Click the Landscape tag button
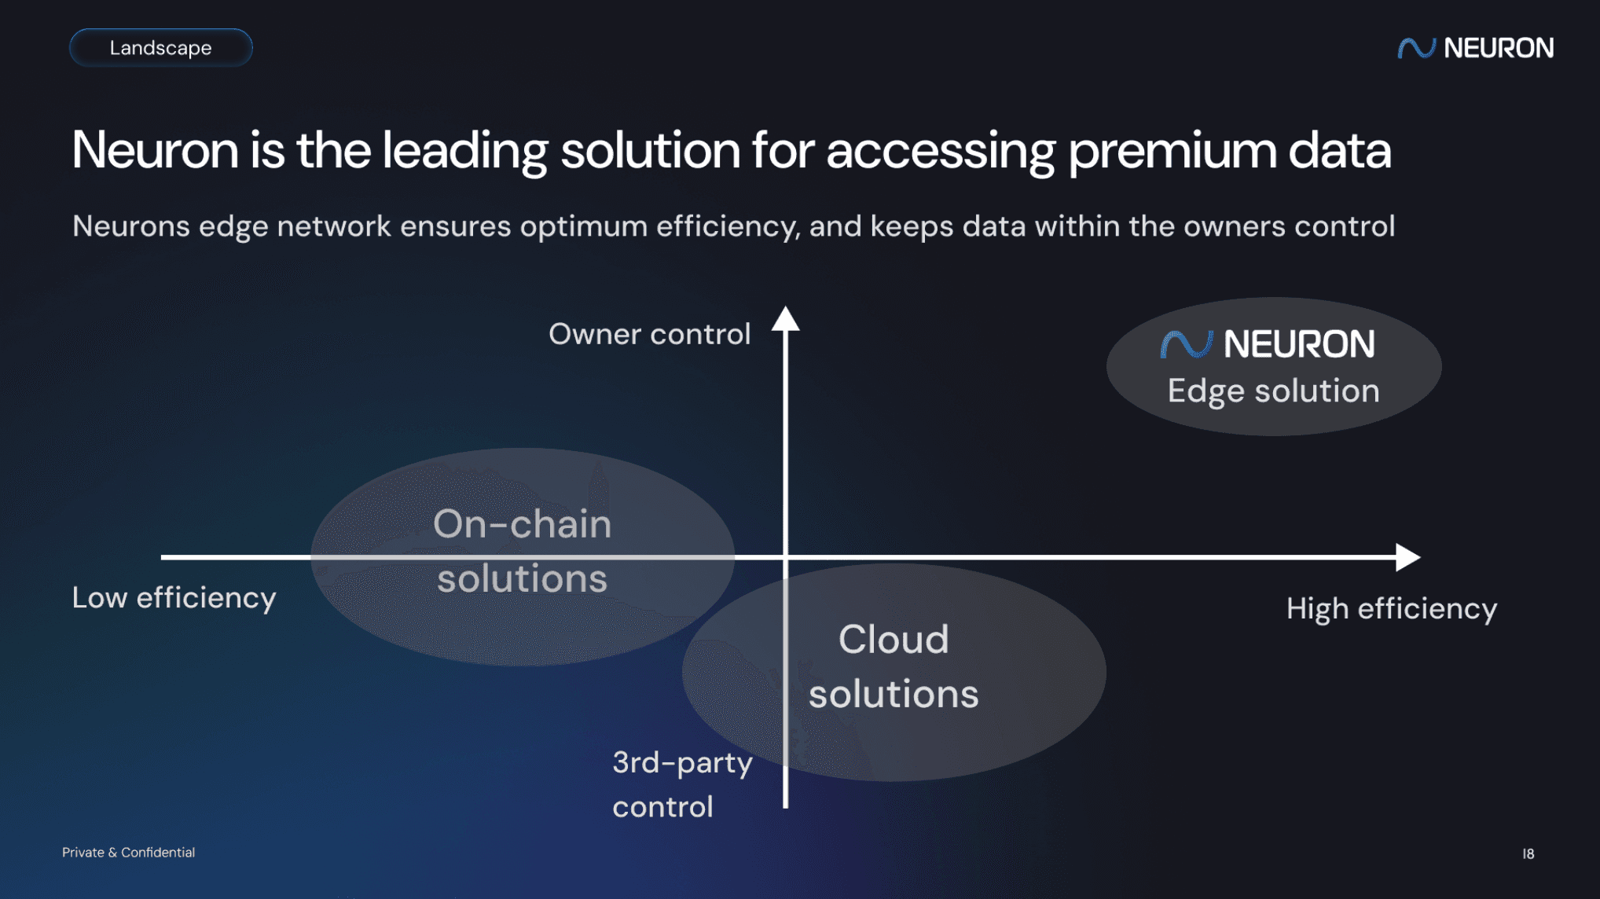tap(160, 48)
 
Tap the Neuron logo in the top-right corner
tap(1475, 48)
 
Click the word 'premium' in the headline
tap(1172, 150)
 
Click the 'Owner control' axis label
tap(649, 334)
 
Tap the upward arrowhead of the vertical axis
tap(785, 319)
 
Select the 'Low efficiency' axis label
tap(174, 597)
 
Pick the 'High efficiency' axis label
tap(1391, 608)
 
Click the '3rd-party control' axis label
tap(681, 784)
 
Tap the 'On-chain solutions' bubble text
tap(522, 551)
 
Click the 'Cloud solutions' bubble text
tap(894, 666)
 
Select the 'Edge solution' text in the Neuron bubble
tap(1273, 391)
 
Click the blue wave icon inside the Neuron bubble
tap(1186, 344)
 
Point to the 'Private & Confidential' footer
tap(128, 853)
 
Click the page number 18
tap(1528, 853)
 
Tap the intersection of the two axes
tap(785, 557)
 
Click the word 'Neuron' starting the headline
tap(155, 150)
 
